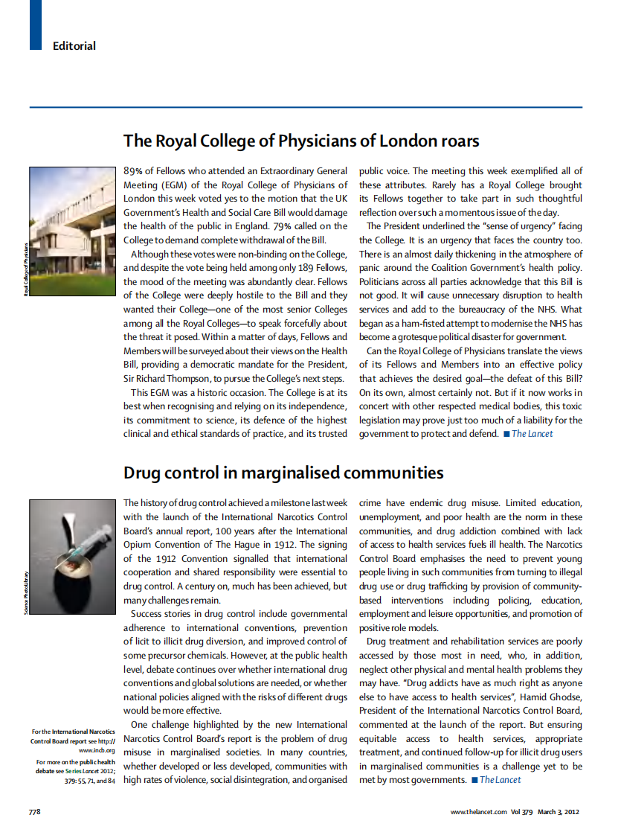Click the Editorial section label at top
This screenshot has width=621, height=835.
(x=74, y=46)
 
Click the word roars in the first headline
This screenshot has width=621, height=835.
(x=454, y=141)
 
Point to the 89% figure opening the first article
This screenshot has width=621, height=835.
(x=134, y=170)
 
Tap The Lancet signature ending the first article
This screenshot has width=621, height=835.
(x=532, y=433)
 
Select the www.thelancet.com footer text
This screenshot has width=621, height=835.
(x=478, y=811)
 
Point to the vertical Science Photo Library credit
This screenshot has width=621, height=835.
(x=25, y=592)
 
